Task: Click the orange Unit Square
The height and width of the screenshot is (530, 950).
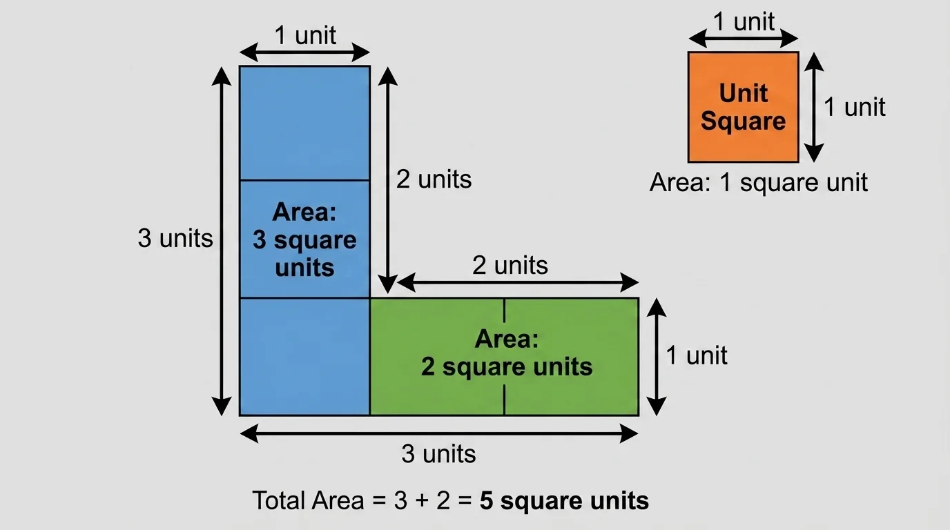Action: pos(743,107)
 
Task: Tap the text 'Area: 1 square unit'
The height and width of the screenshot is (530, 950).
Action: pos(758,183)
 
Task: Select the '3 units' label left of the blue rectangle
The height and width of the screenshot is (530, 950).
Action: pos(175,238)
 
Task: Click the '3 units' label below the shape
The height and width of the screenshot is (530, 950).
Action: pos(438,454)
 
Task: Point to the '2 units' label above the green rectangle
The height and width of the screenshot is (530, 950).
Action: pos(510,265)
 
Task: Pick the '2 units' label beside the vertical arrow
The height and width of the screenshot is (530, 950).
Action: pos(434,179)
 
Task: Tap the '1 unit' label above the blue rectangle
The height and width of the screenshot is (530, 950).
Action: pos(304,35)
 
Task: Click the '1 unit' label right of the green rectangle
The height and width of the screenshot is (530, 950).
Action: pos(696,355)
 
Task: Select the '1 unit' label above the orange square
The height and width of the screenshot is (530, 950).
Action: pos(744,22)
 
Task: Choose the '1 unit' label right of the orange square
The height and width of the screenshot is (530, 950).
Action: pos(854,107)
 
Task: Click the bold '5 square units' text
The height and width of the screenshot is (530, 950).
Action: pos(564,500)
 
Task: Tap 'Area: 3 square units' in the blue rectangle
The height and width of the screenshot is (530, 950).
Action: pos(304,239)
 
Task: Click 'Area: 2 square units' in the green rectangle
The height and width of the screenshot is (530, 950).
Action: pos(507,353)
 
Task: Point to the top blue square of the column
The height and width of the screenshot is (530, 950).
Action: pos(304,123)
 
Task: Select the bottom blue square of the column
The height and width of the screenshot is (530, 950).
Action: pos(304,356)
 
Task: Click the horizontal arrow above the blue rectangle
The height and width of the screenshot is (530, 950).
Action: pos(304,52)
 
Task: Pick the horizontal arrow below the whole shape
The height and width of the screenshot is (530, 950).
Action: pos(438,433)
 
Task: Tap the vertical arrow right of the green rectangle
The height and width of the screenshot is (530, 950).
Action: pos(658,356)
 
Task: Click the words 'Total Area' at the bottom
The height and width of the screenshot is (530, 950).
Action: pos(308,500)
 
